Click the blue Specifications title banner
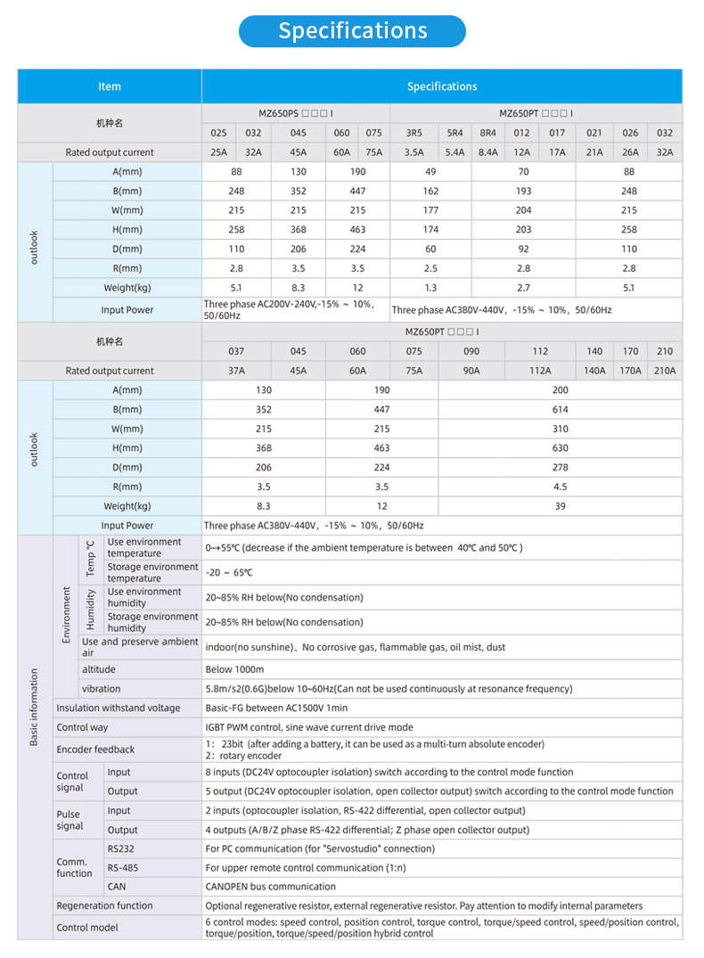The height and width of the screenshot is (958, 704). (x=352, y=31)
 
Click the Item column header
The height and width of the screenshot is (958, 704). (x=110, y=86)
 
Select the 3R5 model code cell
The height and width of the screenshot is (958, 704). (x=413, y=133)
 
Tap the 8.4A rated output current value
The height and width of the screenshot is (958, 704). (x=487, y=152)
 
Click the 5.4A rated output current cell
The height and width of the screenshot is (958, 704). (x=454, y=152)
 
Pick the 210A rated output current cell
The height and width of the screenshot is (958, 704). (x=665, y=371)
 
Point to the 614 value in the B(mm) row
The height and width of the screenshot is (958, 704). (x=560, y=410)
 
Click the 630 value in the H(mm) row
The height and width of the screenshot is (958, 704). (x=560, y=448)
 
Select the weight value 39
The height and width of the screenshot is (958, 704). (x=560, y=506)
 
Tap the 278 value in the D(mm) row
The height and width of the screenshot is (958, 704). (x=560, y=468)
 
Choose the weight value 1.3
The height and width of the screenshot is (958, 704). (x=430, y=288)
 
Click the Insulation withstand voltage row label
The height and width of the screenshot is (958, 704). (x=119, y=708)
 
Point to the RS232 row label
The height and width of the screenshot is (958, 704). (x=120, y=849)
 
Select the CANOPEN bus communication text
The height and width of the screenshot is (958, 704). (x=271, y=887)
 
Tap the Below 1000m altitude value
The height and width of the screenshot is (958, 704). (x=234, y=669)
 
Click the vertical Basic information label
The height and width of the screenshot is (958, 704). (x=34, y=708)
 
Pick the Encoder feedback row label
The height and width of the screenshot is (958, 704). (x=95, y=749)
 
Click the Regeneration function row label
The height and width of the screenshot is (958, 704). (x=104, y=905)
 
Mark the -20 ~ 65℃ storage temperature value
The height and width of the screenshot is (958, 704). (x=229, y=572)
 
